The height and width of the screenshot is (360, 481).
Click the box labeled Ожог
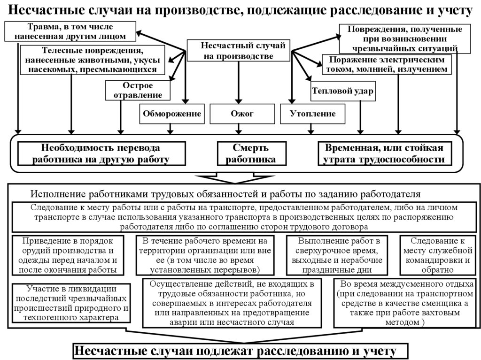click(x=242, y=114)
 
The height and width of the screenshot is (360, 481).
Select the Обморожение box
click(x=172, y=114)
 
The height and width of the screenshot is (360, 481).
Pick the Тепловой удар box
click(x=342, y=92)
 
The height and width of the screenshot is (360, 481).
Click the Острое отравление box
click(x=136, y=90)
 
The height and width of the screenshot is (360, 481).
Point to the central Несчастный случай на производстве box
click(x=239, y=50)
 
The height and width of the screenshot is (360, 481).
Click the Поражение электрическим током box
click(x=387, y=65)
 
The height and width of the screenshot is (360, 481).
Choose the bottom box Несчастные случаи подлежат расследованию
click(x=240, y=352)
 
